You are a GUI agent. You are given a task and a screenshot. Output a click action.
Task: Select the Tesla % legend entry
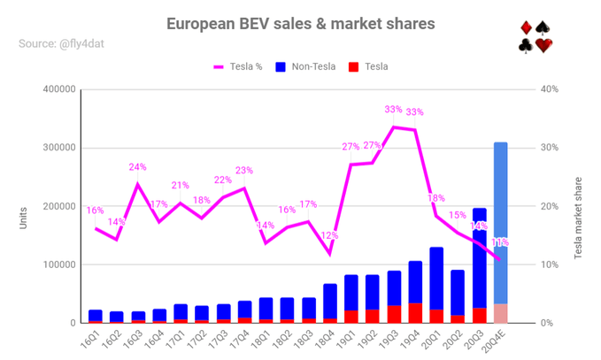point(238,66)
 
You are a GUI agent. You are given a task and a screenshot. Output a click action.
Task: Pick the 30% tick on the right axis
point(551,148)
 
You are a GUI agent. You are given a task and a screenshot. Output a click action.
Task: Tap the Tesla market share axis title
point(578,206)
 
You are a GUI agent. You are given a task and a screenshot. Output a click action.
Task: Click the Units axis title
point(23,217)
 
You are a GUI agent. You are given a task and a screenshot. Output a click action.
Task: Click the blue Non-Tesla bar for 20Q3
point(479,257)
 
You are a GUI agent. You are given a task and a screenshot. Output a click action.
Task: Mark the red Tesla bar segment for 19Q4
point(415,313)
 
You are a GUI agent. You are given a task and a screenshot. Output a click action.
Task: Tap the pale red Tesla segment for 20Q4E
point(500,313)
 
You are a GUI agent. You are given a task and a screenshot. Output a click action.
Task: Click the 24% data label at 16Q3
point(137,167)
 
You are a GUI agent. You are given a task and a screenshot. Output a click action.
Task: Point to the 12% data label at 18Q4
point(330,235)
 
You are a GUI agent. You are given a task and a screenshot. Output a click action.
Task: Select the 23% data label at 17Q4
point(244,171)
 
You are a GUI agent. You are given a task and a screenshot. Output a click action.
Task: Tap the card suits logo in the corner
point(536,36)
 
